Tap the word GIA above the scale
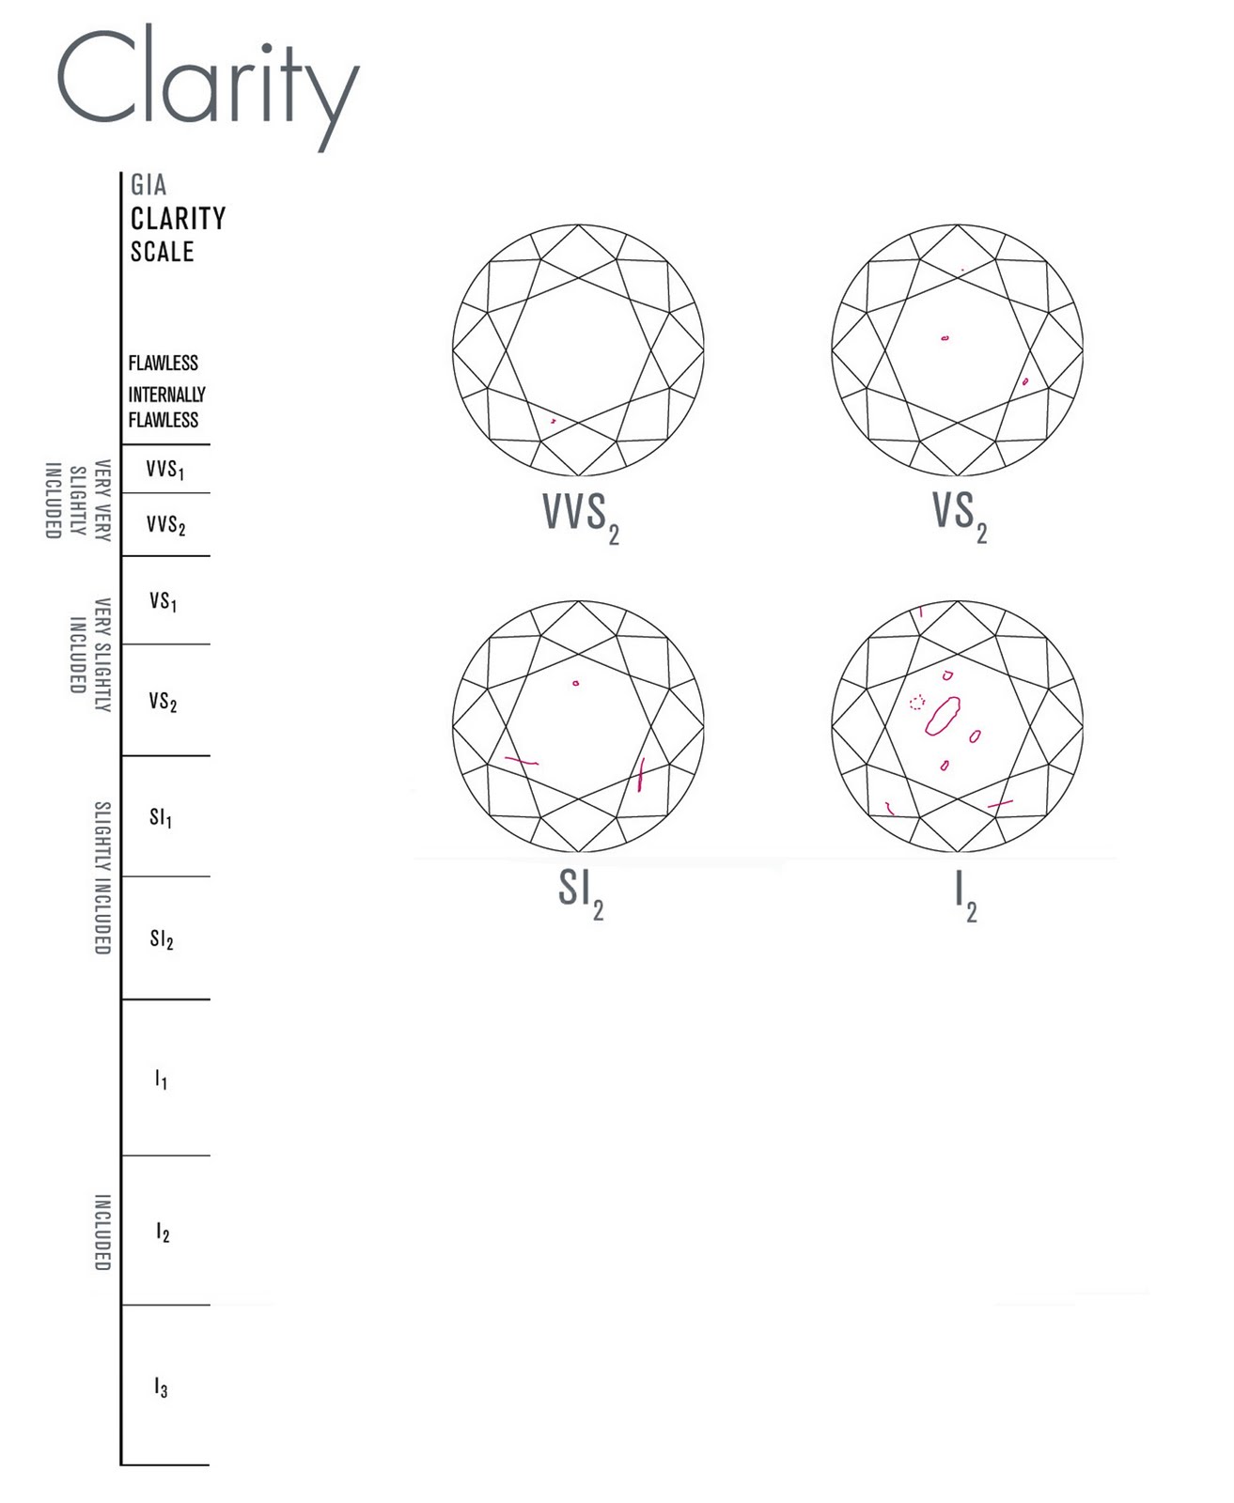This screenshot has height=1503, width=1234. click(148, 185)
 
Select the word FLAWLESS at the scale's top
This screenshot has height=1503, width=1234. click(164, 363)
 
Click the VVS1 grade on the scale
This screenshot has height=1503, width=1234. click(164, 469)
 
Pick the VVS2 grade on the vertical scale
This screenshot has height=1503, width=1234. click(165, 525)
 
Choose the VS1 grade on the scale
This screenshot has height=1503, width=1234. click(163, 601)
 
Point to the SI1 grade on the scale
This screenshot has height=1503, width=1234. click(161, 817)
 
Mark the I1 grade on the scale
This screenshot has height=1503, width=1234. click(161, 1079)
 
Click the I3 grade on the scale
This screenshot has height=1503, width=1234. click(161, 1387)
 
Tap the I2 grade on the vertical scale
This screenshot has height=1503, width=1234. click(163, 1232)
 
